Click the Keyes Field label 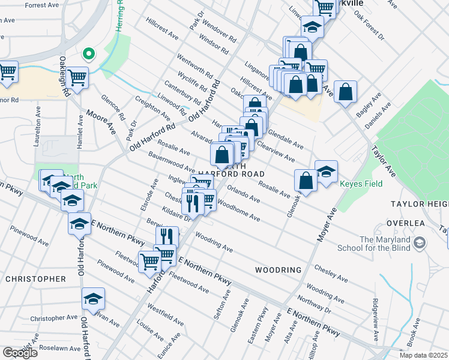(x=361, y=184)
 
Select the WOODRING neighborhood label (x=278, y=270)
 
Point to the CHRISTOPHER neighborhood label (x=35, y=279)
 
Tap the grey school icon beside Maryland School (x=420, y=243)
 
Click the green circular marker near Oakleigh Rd (x=89, y=55)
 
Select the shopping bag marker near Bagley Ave (x=346, y=92)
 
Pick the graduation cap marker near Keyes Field (x=326, y=172)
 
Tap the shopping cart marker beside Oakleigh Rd (x=77, y=77)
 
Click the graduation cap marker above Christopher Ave (x=93, y=298)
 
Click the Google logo (x=20, y=353)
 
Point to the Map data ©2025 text (x=423, y=355)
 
